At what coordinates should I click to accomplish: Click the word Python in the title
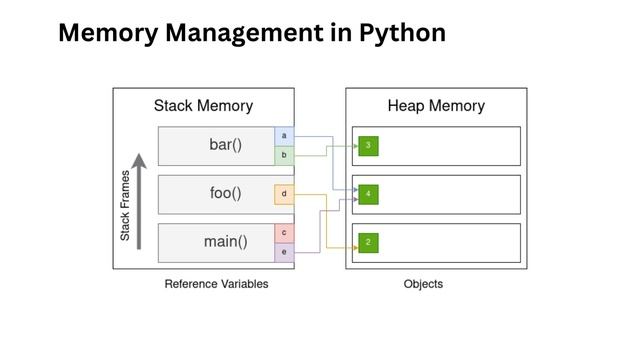(x=395, y=33)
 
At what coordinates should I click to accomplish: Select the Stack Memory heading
(x=203, y=106)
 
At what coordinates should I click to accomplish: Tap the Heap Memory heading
(x=436, y=106)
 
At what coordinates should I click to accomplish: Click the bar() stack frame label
(x=225, y=145)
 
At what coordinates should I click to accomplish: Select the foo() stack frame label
(x=225, y=193)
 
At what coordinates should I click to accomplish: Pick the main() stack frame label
(x=225, y=241)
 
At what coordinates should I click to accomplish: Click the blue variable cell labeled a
(x=284, y=136)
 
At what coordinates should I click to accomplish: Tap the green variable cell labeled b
(x=284, y=155)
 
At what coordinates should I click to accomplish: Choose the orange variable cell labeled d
(x=284, y=194)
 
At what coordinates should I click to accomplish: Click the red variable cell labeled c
(x=284, y=233)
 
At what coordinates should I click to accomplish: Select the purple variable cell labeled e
(x=284, y=252)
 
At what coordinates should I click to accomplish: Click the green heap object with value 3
(x=369, y=146)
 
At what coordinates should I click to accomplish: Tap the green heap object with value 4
(x=369, y=194)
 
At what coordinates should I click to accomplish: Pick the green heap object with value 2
(x=369, y=242)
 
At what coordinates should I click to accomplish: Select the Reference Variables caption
(x=216, y=284)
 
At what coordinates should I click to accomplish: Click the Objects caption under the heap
(x=423, y=284)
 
